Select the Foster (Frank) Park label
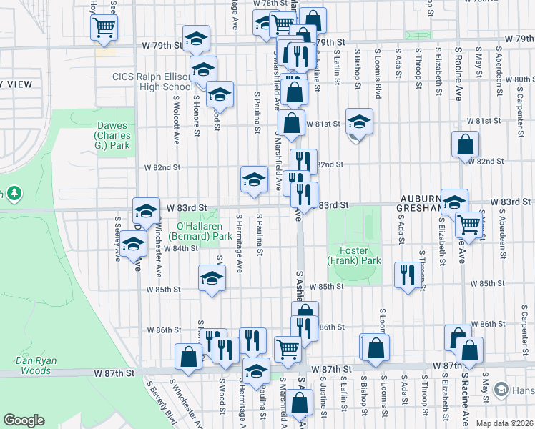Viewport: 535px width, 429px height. (x=354, y=256)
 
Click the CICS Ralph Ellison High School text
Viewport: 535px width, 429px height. (x=147, y=82)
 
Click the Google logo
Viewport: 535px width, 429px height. (x=24, y=420)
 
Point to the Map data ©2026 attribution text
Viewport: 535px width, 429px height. (x=500, y=423)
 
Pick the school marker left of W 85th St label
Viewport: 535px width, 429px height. (x=212, y=279)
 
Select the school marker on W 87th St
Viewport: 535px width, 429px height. (x=256, y=370)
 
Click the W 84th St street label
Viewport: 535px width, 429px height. (x=180, y=248)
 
